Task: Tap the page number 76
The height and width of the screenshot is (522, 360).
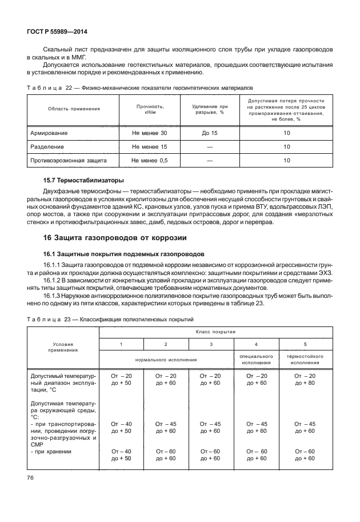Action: pos(31,477)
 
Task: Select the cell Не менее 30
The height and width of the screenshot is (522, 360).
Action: pos(150,133)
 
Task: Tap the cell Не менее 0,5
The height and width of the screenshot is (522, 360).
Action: pos(150,161)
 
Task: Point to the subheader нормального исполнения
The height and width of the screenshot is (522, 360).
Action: pos(166,360)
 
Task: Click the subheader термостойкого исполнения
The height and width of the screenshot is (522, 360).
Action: pos(309,360)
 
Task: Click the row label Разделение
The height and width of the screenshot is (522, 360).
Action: pos(47,147)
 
